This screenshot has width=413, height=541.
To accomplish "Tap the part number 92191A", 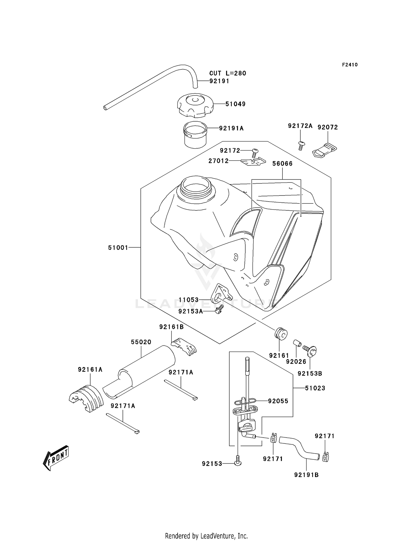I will (231, 128).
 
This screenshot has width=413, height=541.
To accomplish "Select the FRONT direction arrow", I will (56, 457).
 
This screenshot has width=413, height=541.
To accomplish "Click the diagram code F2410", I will (350, 65).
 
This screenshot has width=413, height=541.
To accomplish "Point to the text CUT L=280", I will (227, 73).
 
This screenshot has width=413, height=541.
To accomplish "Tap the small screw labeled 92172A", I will (301, 145).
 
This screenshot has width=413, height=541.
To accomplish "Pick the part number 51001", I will (118, 248).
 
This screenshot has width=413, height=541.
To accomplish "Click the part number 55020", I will (141, 342).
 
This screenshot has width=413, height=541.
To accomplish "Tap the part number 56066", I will (282, 164).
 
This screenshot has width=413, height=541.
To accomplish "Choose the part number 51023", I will (315, 388).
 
